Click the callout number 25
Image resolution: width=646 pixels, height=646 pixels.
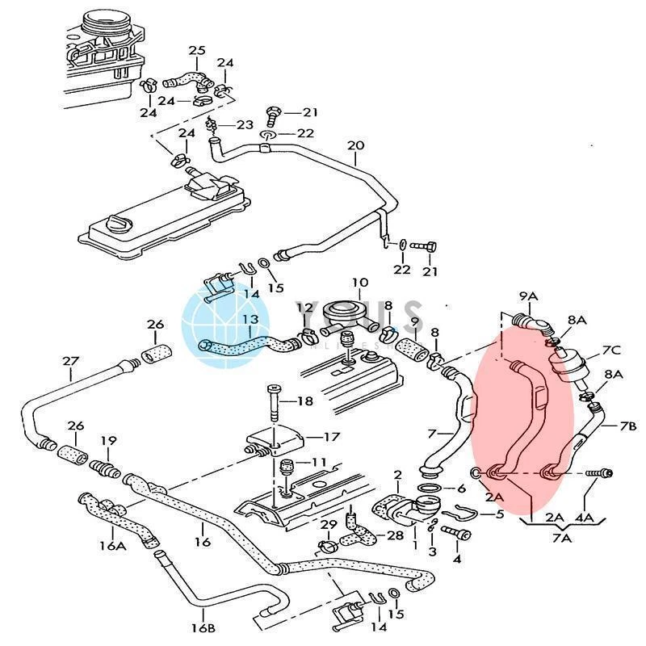197,50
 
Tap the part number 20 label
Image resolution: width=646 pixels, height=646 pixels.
355,145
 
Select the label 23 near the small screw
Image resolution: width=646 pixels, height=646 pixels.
244,125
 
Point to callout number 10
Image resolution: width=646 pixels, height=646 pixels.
359,283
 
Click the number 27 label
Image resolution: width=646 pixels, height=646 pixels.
71,361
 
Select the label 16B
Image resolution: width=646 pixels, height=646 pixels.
204,627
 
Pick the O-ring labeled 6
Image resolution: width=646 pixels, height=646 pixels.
431,489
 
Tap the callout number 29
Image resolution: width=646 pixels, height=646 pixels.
326,526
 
